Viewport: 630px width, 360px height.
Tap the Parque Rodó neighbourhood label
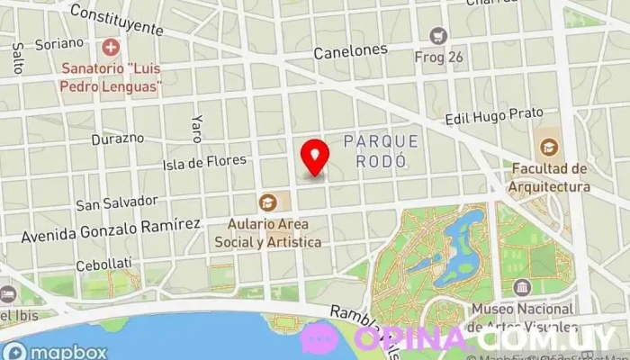(381, 150)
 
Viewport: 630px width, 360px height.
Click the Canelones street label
(350, 52)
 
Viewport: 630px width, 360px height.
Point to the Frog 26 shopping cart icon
(438, 36)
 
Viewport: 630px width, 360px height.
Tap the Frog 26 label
(438, 57)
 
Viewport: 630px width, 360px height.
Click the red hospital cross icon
(111, 45)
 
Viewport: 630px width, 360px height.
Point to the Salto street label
(18, 58)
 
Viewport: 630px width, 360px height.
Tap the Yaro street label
(195, 130)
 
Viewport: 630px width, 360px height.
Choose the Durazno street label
(118, 139)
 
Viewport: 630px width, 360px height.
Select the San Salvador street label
(117, 203)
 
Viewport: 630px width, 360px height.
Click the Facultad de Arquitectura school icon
(547, 146)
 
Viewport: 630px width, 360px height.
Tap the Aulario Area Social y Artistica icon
(268, 202)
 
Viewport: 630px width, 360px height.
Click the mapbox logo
(55, 350)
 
